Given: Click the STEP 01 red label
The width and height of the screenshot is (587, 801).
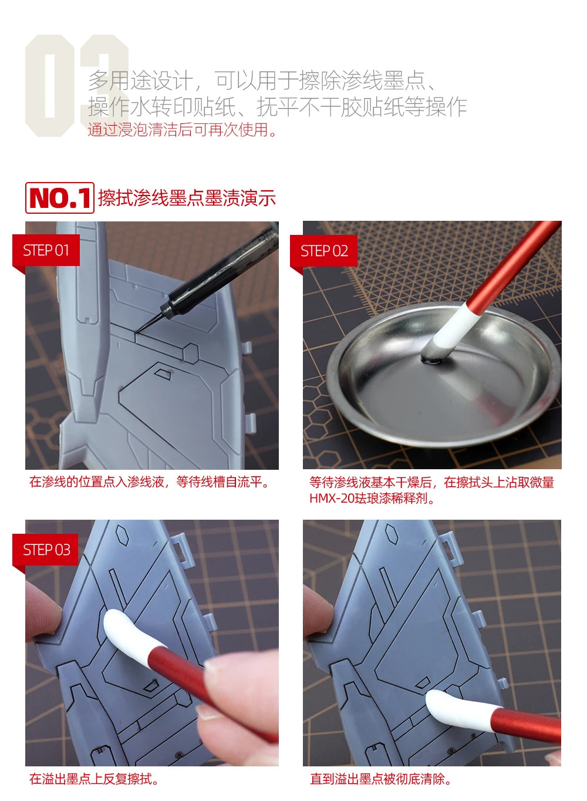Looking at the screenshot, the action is point(46,250).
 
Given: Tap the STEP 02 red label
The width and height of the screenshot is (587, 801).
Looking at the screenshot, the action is point(324,251).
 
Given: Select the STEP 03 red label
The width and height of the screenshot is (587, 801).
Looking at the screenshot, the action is point(45,550).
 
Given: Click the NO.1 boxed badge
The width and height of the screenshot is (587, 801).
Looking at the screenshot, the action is point(60,198).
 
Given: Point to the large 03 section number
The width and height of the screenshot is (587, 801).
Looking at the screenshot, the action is point(77,85).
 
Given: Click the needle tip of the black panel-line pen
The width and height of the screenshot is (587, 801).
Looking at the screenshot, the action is point(136,334).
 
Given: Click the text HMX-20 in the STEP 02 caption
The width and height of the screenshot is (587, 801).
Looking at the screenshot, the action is point(332,498).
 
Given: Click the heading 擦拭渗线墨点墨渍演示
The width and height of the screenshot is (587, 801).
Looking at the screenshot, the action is point(187,198).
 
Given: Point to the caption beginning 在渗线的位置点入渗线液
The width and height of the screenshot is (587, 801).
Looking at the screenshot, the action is point(149,482).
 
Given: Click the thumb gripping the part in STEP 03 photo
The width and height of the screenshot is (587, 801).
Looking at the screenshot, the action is point(42,611).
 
